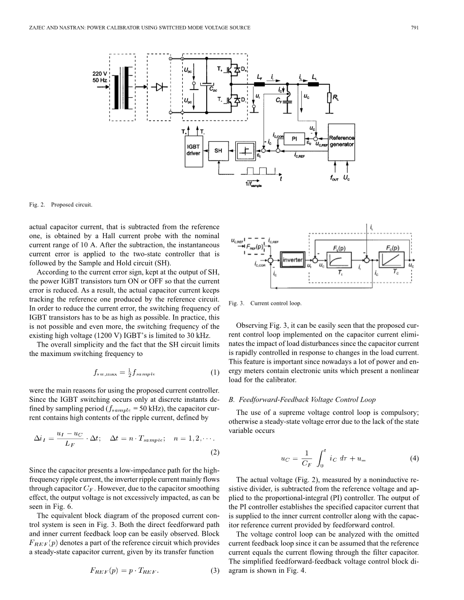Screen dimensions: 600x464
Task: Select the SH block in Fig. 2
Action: tap(218, 151)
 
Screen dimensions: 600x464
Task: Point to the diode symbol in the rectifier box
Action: tap(159, 87)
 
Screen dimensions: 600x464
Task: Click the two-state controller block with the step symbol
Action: tap(246, 151)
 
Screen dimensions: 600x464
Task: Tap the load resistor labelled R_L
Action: tap(329, 98)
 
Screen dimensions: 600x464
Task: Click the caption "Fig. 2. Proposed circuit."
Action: tap(60, 205)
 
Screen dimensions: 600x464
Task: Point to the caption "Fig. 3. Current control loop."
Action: tap(265, 303)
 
